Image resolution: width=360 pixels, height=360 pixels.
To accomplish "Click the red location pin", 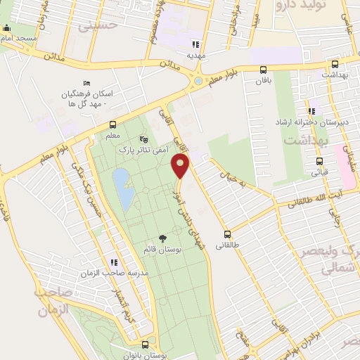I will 181,167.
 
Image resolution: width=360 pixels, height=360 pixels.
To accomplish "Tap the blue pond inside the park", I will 122,189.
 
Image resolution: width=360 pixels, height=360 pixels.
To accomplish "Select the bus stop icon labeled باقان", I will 262,70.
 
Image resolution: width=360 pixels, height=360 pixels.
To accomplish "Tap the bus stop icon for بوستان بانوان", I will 145,345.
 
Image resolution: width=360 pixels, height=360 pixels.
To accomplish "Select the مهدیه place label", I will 196,53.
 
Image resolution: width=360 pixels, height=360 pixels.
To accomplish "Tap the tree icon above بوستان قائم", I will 163,238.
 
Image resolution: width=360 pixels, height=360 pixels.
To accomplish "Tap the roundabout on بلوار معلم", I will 199,81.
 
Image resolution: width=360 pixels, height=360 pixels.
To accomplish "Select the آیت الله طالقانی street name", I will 323,201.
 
